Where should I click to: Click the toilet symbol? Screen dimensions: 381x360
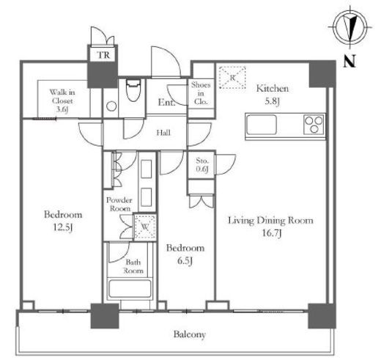[x=133, y=90]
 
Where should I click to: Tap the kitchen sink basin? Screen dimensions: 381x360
[x=262, y=125]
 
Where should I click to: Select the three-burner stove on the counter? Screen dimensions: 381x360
[x=314, y=125]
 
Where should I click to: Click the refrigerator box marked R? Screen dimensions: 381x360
[x=232, y=77]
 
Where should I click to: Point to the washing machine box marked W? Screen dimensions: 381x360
[x=145, y=227]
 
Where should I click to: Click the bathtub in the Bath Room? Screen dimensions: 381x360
[x=130, y=289]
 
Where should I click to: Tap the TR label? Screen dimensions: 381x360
[x=103, y=55]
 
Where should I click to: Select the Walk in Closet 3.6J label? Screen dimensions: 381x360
[x=62, y=100]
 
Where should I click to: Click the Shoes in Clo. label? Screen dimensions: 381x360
[x=201, y=93]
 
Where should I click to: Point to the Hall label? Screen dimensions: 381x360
[x=163, y=133]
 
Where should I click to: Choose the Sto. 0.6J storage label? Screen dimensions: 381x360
[x=202, y=165]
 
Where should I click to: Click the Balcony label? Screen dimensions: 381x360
[x=190, y=334]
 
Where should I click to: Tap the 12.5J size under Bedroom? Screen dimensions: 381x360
[x=63, y=228]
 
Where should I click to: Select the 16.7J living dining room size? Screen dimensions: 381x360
[x=271, y=233]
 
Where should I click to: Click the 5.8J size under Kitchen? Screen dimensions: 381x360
[x=273, y=101]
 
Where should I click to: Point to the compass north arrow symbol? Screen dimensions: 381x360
[x=349, y=27]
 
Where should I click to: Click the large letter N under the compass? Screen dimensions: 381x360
[x=349, y=61]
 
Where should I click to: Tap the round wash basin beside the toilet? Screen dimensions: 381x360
[x=111, y=106]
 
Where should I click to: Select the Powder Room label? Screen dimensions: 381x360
[x=119, y=205]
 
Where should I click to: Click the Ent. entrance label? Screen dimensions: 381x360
[x=166, y=102]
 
